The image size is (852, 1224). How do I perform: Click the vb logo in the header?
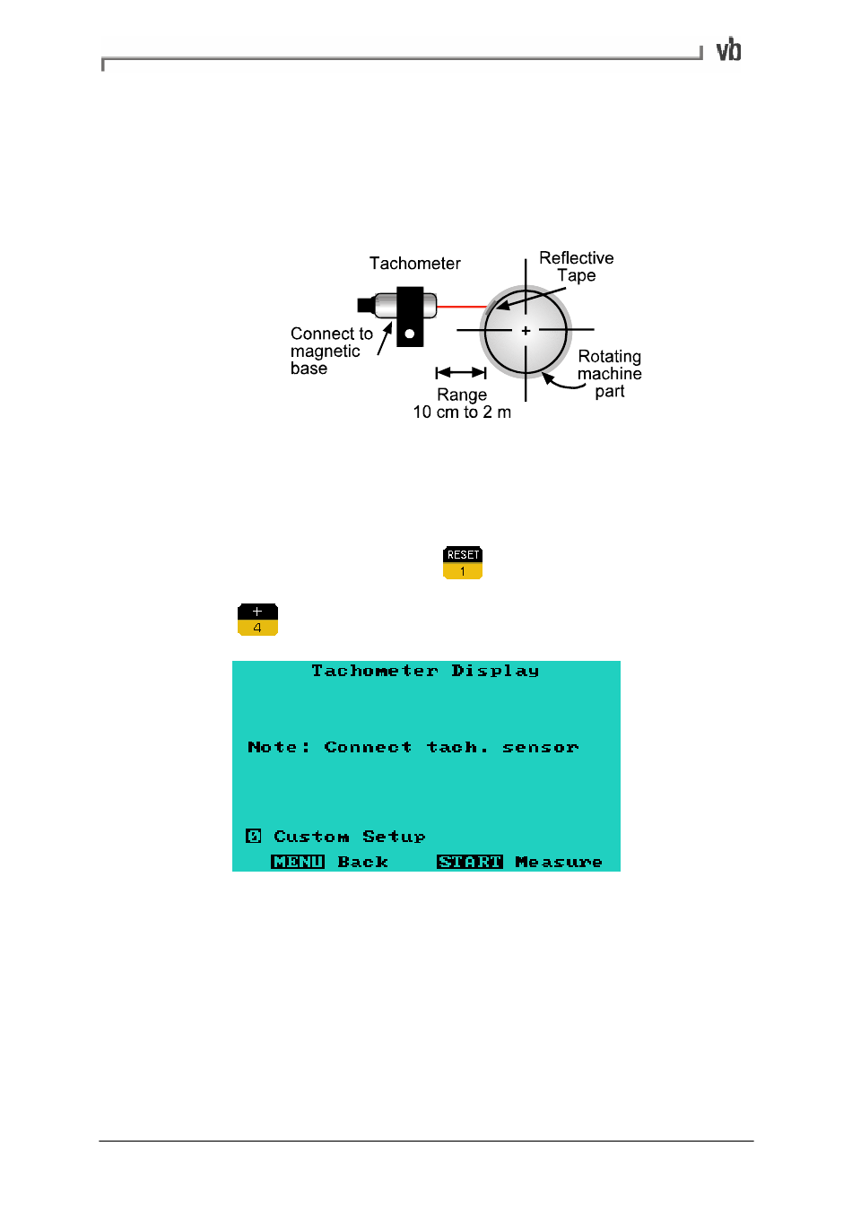pos(728,50)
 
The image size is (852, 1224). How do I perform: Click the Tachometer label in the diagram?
pos(414,264)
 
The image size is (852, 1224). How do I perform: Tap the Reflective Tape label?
pos(576,266)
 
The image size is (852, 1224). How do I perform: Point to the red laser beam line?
pos(461,307)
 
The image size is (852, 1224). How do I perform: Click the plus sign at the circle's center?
pos(526,331)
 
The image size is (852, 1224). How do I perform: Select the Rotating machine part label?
pos(609,374)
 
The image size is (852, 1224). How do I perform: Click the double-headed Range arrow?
pos(461,372)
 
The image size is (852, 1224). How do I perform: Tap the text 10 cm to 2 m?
pos(462,412)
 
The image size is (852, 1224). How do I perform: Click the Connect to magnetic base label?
pos(330,352)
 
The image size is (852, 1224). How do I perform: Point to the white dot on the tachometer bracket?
pos(410,334)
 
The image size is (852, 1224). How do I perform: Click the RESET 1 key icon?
pos(463,563)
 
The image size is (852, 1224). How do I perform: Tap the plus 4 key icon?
pos(257,620)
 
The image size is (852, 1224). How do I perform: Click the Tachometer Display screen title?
pos(425,671)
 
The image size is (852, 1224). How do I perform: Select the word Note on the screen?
pos(273,747)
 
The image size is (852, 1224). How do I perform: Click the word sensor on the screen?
pos(540,747)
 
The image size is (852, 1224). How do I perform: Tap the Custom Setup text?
pos(349,837)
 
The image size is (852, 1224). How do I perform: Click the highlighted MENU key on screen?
pos(298,862)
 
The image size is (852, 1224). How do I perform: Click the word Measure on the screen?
pos(558,862)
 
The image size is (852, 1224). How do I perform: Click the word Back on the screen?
pos(362,862)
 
